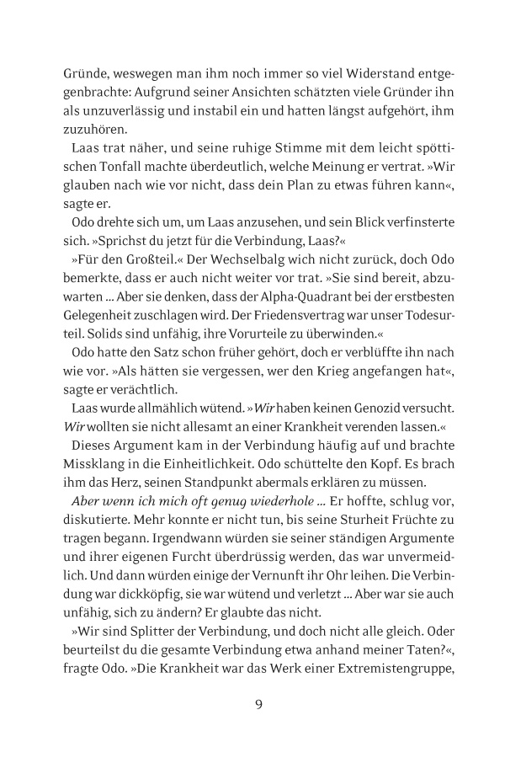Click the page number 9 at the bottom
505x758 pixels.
tap(259, 704)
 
